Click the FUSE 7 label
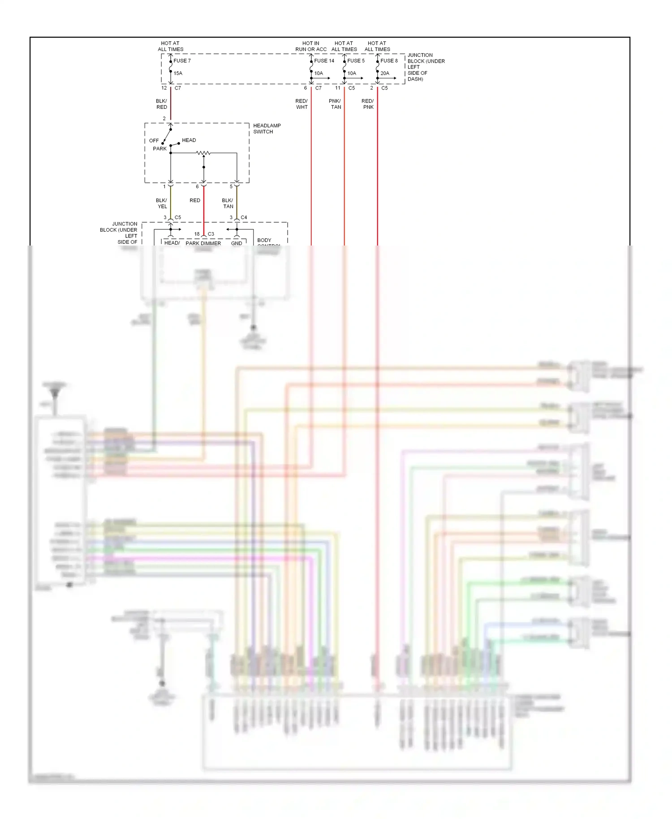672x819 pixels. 182,60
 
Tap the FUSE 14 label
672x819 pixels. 324,60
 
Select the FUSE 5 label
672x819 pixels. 356,60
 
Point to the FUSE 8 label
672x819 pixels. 389,60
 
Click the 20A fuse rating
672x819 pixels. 385,73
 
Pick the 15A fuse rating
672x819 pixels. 178,73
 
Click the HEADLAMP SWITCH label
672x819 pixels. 267,129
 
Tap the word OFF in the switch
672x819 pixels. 154,141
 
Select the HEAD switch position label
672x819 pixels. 189,140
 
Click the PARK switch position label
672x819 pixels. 159,149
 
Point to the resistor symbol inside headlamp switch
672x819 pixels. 203,153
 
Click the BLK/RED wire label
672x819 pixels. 161,104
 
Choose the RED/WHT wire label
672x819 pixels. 302,104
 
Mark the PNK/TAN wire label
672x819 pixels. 335,104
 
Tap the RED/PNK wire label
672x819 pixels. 368,104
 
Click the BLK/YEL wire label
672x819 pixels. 162,203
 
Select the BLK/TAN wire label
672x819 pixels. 228,203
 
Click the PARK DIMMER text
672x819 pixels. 203,243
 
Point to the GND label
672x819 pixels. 237,243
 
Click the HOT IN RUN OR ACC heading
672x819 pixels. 311,46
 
